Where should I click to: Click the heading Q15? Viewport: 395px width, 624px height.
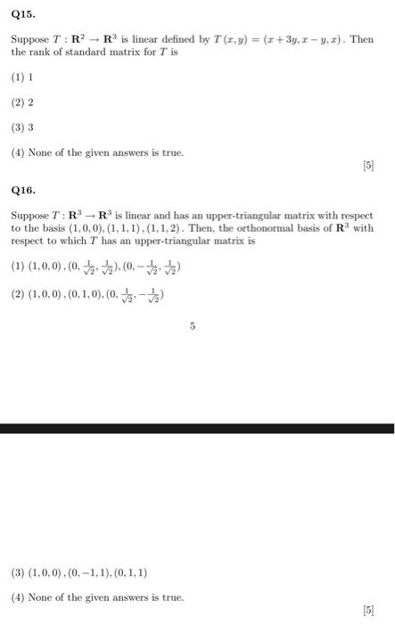[x=23, y=13]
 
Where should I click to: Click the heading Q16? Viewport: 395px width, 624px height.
[x=23, y=190]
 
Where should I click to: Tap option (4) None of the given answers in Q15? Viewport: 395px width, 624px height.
[x=97, y=153]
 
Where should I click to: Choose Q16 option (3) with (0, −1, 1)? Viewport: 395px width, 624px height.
[x=80, y=573]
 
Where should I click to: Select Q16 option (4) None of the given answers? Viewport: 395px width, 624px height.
[x=97, y=597]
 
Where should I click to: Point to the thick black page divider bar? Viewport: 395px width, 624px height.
[x=197, y=429]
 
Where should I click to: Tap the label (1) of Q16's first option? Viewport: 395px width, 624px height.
[x=18, y=266]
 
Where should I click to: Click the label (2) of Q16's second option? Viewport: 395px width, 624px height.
[x=18, y=294]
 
